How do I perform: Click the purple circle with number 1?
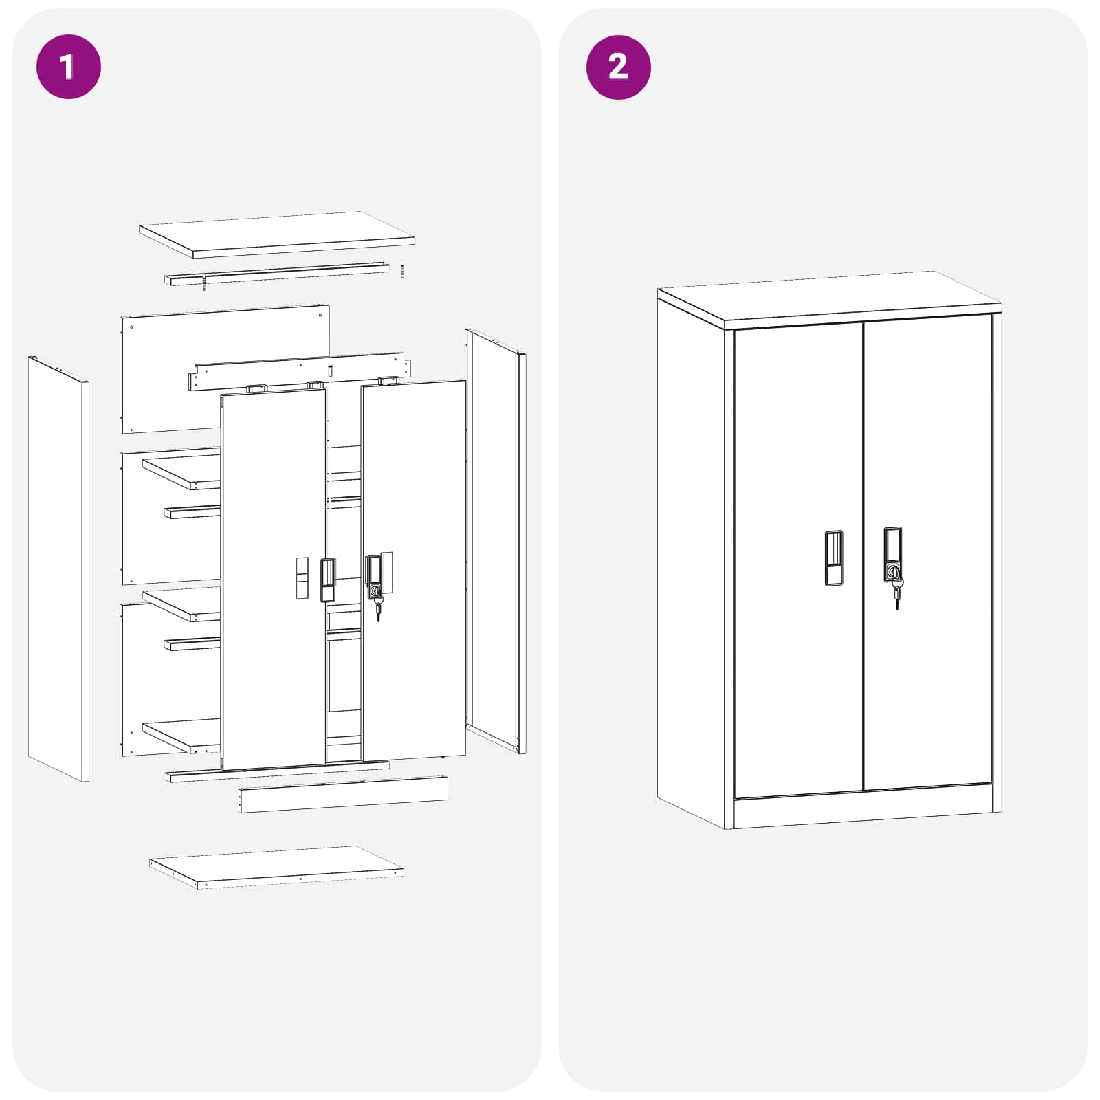point(68,67)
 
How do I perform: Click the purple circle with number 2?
point(618,67)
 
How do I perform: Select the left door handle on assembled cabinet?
point(833,558)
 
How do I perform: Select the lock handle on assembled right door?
point(892,554)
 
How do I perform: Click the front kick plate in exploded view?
point(344,795)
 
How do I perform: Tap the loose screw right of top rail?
point(402,270)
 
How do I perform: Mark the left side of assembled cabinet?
point(691,557)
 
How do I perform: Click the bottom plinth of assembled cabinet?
point(863,811)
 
